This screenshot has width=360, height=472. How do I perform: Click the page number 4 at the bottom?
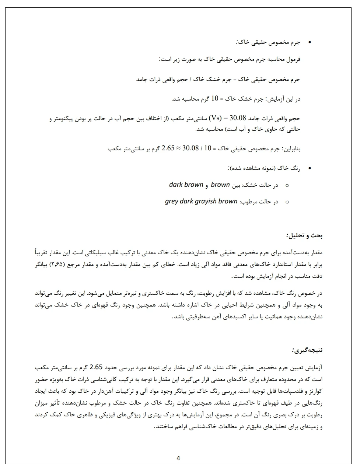(178, 458)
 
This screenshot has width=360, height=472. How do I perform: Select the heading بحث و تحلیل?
(305, 235)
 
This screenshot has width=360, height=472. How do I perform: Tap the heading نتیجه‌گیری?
(307, 350)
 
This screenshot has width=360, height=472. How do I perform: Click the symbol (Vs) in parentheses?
(215, 118)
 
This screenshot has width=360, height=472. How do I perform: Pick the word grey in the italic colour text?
(171, 202)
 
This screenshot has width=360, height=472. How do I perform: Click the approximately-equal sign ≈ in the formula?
(179, 148)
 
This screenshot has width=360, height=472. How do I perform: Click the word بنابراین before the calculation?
(292, 149)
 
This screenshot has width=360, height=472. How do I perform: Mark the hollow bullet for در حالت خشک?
(287, 185)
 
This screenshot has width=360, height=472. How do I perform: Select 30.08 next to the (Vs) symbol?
(238, 118)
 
